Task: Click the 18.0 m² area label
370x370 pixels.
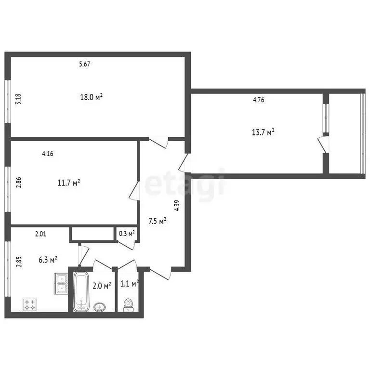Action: tap(92, 97)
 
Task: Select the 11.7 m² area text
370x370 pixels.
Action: tap(68, 183)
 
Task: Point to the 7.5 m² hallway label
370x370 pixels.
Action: tap(157, 221)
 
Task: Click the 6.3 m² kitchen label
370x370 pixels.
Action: tap(48, 260)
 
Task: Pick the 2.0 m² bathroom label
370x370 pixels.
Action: tap(102, 285)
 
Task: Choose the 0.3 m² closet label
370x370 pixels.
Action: tap(127, 234)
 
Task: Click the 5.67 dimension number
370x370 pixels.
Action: tap(85, 64)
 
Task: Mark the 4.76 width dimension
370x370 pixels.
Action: tap(259, 100)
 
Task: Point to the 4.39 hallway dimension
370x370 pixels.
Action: tap(177, 206)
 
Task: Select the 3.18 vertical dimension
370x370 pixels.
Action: tap(18, 99)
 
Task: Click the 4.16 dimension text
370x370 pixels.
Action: tap(47, 154)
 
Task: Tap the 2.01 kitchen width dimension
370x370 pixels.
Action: tap(40, 235)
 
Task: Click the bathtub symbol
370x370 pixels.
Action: tap(81, 291)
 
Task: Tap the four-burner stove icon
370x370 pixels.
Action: tap(30, 304)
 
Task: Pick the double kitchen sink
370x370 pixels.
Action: tap(62, 283)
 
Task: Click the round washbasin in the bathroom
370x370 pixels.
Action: tap(100, 306)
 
